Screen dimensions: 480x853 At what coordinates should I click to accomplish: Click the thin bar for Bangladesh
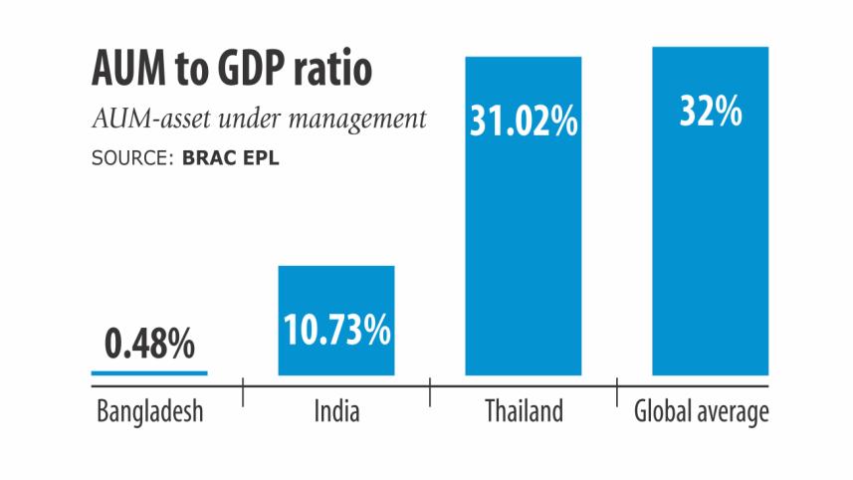(x=149, y=372)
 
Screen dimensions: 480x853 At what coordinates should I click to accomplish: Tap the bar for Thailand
(x=523, y=249)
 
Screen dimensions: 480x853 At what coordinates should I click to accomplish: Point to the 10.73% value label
(x=335, y=331)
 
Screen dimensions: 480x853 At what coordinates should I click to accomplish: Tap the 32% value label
(x=710, y=112)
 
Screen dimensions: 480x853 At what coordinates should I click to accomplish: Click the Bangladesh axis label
(x=149, y=410)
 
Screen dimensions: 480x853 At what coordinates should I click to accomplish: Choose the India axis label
(x=335, y=410)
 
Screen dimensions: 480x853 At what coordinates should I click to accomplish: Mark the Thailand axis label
(x=524, y=410)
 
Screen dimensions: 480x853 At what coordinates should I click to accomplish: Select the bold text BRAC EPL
(x=230, y=157)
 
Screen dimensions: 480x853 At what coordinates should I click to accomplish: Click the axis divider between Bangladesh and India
(x=243, y=390)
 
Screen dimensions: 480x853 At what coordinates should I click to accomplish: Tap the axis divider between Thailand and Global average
(x=617, y=390)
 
